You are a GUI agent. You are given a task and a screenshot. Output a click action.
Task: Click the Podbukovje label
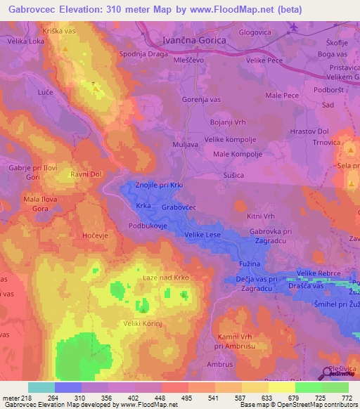tap(146, 226)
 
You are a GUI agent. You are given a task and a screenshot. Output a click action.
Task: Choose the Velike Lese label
tap(203, 235)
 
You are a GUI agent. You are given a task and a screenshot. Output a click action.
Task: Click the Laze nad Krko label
tap(166, 278)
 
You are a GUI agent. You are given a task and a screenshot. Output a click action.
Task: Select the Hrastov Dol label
tap(309, 131)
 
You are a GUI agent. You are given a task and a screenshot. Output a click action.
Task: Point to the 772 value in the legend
tap(345, 397)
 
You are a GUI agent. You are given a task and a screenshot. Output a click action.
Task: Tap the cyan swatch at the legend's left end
tap(41, 387)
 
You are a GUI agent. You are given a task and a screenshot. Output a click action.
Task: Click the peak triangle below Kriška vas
tap(65, 51)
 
